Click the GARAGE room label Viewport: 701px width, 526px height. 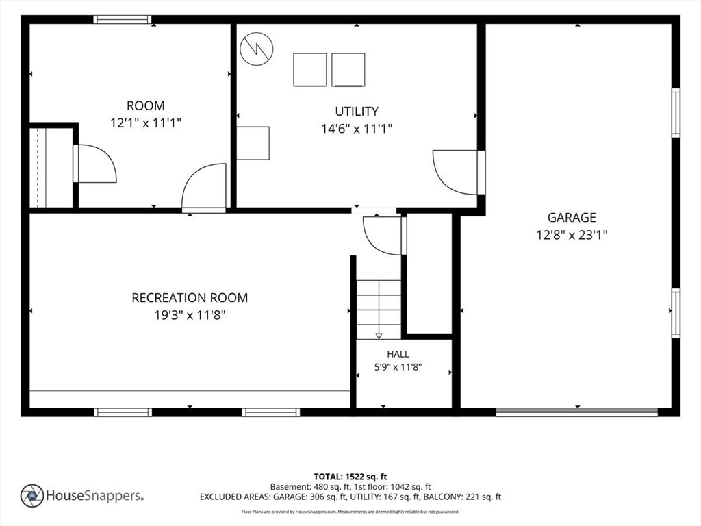[572, 217]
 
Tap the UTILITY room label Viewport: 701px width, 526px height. [357, 111]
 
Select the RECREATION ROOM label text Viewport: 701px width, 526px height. [190, 297]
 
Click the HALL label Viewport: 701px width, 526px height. [398, 354]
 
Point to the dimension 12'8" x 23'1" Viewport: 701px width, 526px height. [572, 235]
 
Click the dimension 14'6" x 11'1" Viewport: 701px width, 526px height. [357, 129]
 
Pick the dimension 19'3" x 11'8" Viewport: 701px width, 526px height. [190, 315]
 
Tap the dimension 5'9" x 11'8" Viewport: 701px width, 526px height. [398, 367]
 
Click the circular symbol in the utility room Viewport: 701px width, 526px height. [257, 49]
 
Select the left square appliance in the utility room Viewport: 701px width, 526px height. [310, 70]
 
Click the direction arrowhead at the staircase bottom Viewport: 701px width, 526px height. [379, 336]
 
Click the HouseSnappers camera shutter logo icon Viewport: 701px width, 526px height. [32, 496]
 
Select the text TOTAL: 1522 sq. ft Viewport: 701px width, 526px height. [350, 477]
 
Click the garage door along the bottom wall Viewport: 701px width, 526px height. [576, 412]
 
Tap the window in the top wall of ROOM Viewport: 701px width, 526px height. [123, 20]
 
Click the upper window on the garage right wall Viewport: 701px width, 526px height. [676, 113]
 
